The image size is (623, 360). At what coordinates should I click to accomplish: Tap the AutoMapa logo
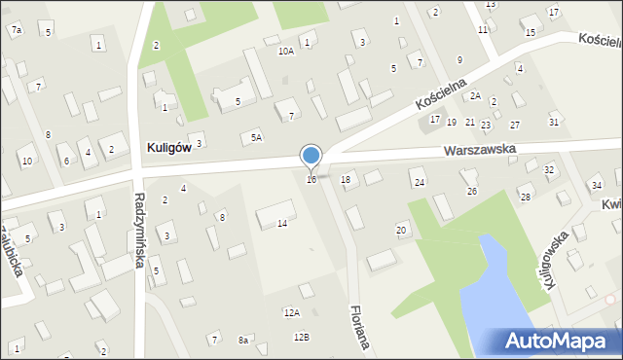pyautogui.click(x=559, y=341)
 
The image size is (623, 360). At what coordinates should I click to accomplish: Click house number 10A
pyautogui.click(x=285, y=51)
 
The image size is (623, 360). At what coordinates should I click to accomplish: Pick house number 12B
pyautogui.click(x=301, y=337)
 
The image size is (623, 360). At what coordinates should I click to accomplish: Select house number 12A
pyautogui.click(x=291, y=312)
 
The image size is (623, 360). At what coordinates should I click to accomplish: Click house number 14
pyautogui.click(x=282, y=224)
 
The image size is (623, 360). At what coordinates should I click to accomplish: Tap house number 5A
pyautogui.click(x=256, y=138)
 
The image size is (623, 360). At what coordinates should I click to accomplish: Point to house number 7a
pyautogui.click(x=17, y=31)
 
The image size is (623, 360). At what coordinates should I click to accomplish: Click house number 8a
pyautogui.click(x=243, y=341)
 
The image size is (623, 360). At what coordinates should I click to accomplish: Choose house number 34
pyautogui.click(x=597, y=185)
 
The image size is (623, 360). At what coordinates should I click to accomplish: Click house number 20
pyautogui.click(x=401, y=230)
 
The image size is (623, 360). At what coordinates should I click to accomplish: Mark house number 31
pyautogui.click(x=554, y=122)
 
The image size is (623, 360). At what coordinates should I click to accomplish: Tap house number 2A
pyautogui.click(x=475, y=95)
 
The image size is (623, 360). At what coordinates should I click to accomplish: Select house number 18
pyautogui.click(x=346, y=180)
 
